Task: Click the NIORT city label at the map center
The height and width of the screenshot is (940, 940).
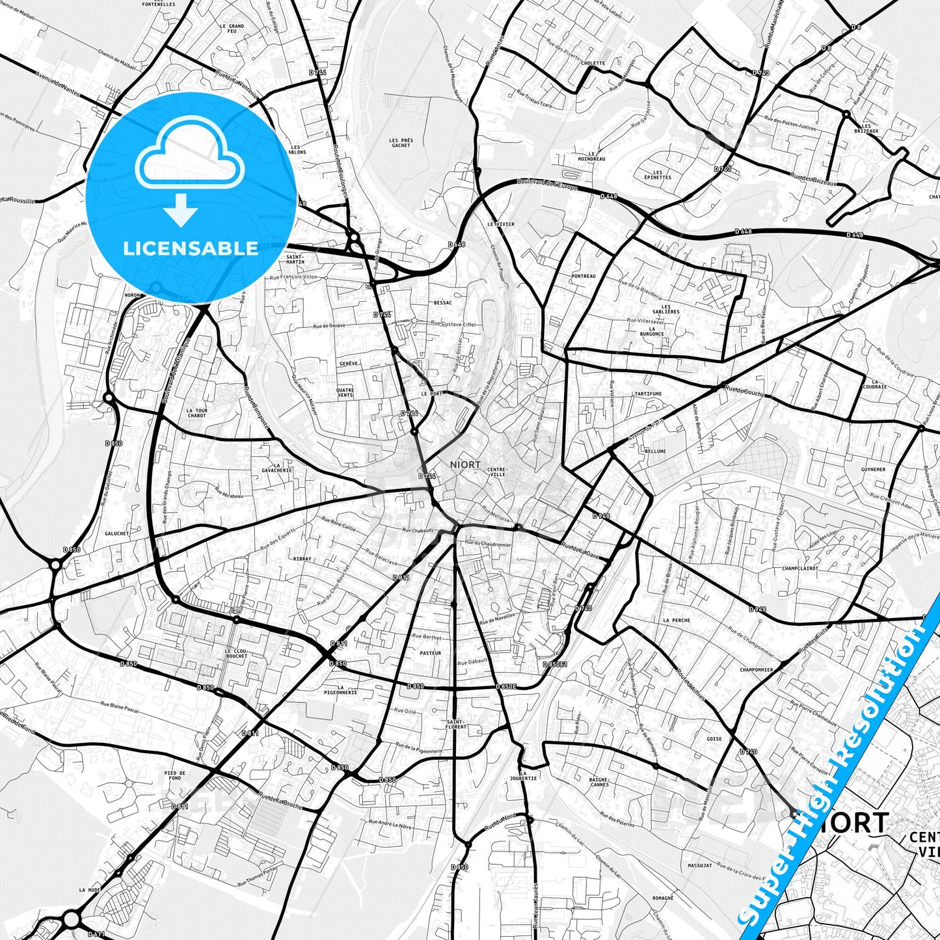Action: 465,464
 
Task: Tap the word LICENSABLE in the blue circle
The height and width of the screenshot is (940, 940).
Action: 191,248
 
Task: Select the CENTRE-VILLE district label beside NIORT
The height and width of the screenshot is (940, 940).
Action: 496,472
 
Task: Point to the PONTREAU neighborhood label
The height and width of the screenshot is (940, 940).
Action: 584,276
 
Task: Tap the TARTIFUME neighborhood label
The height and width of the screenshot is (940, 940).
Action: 648,394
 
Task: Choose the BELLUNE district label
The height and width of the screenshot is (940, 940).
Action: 655,451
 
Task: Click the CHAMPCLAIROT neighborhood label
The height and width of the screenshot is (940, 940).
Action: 800,568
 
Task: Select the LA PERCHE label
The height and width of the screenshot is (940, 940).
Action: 677,621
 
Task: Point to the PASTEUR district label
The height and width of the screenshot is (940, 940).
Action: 430,652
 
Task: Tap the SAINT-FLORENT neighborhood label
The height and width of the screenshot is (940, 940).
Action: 456,724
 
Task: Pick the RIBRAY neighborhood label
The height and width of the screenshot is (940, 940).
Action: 302,559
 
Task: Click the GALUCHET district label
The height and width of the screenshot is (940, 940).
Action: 116,533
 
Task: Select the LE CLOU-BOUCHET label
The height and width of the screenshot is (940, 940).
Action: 235,653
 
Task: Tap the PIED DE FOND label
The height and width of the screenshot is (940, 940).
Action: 175,775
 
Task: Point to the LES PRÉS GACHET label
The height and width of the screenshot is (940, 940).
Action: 401,142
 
